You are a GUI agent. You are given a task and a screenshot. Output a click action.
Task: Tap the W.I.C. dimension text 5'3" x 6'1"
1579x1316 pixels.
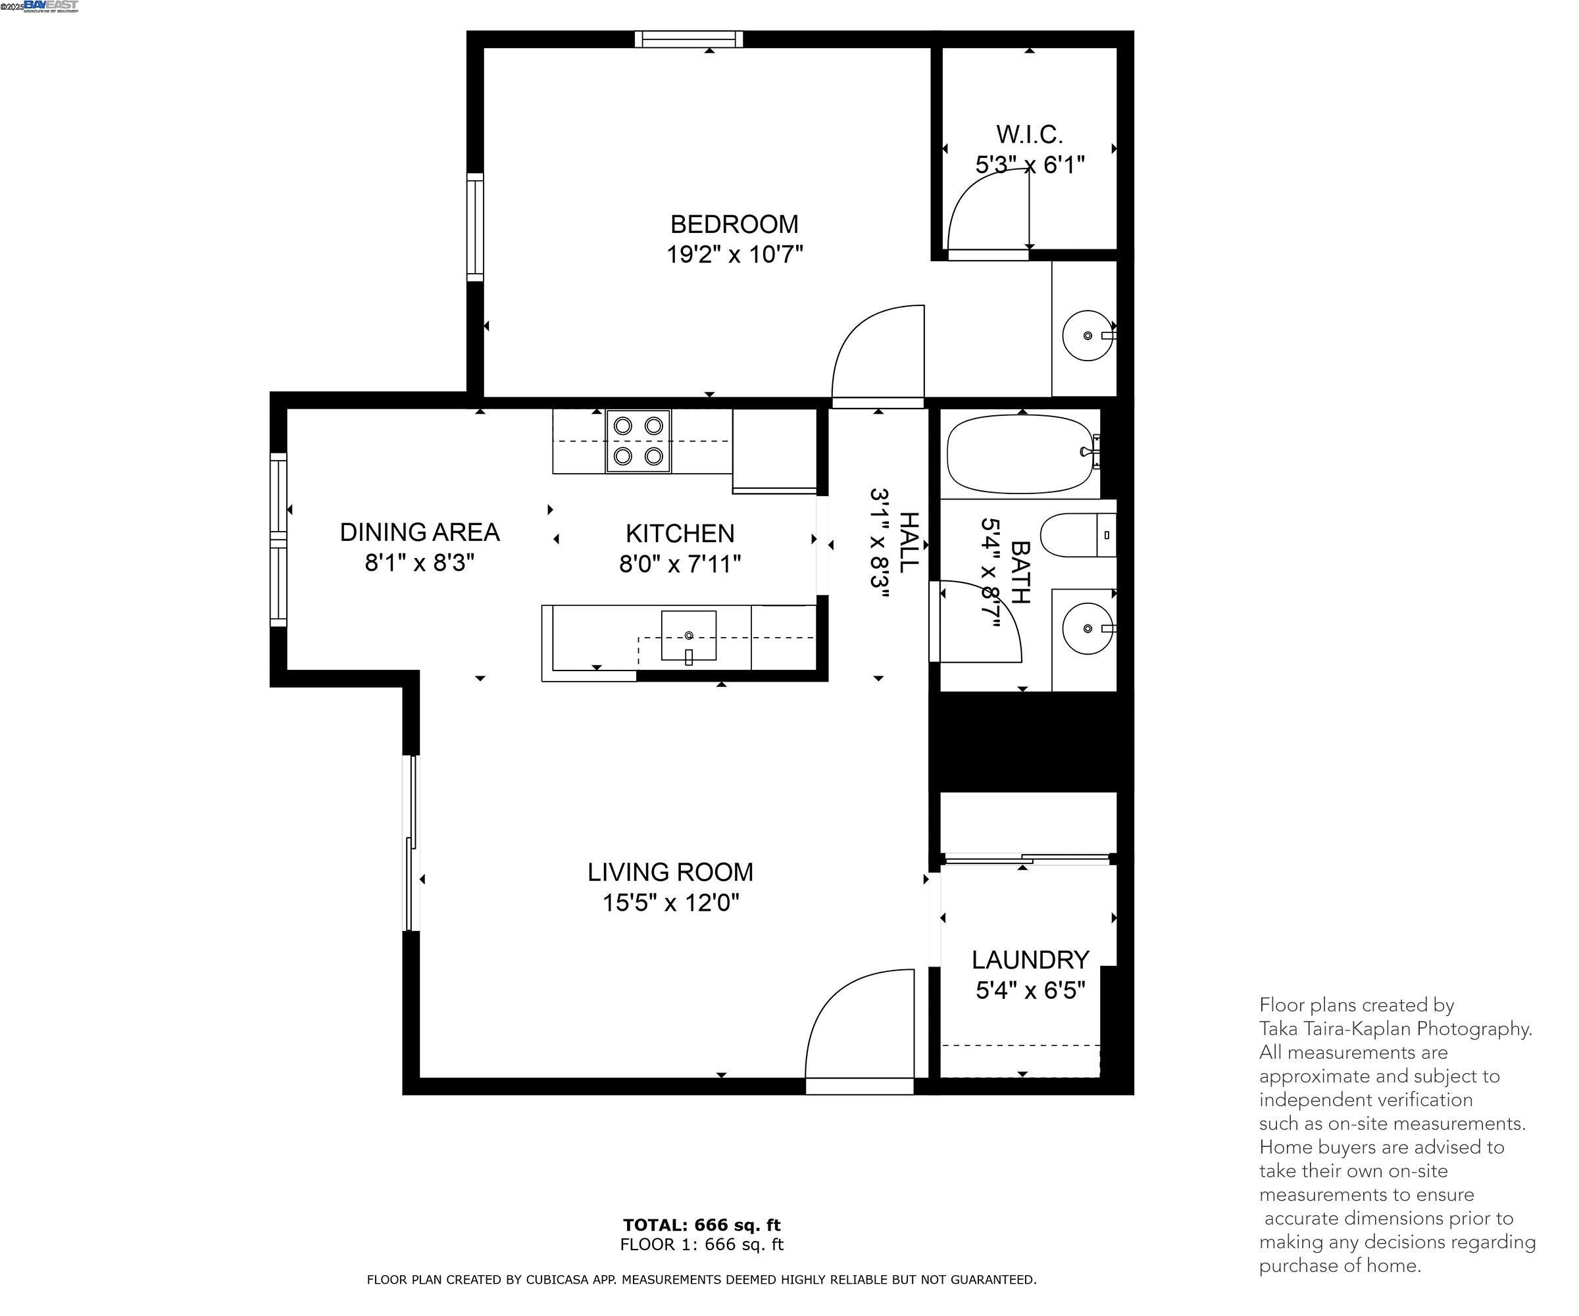(x=1030, y=164)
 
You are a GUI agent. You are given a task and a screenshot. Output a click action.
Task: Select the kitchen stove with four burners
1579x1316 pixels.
(x=638, y=442)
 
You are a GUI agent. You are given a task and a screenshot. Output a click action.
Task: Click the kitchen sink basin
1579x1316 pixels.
(x=688, y=636)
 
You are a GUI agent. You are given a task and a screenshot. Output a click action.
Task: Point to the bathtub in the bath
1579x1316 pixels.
(x=1019, y=454)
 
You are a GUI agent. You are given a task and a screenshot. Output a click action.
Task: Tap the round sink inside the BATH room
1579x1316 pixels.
(x=1088, y=628)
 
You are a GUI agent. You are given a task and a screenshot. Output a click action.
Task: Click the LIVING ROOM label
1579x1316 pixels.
(x=670, y=873)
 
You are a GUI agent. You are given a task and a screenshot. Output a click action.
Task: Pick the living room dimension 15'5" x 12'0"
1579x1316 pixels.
(x=670, y=902)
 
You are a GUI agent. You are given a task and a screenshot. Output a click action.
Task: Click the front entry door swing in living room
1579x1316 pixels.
(x=857, y=1026)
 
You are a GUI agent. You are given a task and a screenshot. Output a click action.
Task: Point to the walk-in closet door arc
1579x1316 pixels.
(x=985, y=211)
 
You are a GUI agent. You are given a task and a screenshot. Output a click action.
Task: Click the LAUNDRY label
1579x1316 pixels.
(x=1030, y=960)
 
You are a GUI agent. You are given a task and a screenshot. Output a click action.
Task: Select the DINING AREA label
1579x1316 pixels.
(x=420, y=532)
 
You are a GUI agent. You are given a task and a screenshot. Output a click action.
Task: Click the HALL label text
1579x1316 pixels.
(x=909, y=542)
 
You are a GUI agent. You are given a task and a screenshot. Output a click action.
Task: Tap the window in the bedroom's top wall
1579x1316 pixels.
(x=688, y=39)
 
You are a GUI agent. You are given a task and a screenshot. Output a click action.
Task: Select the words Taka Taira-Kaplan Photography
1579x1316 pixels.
(x=1395, y=1028)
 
